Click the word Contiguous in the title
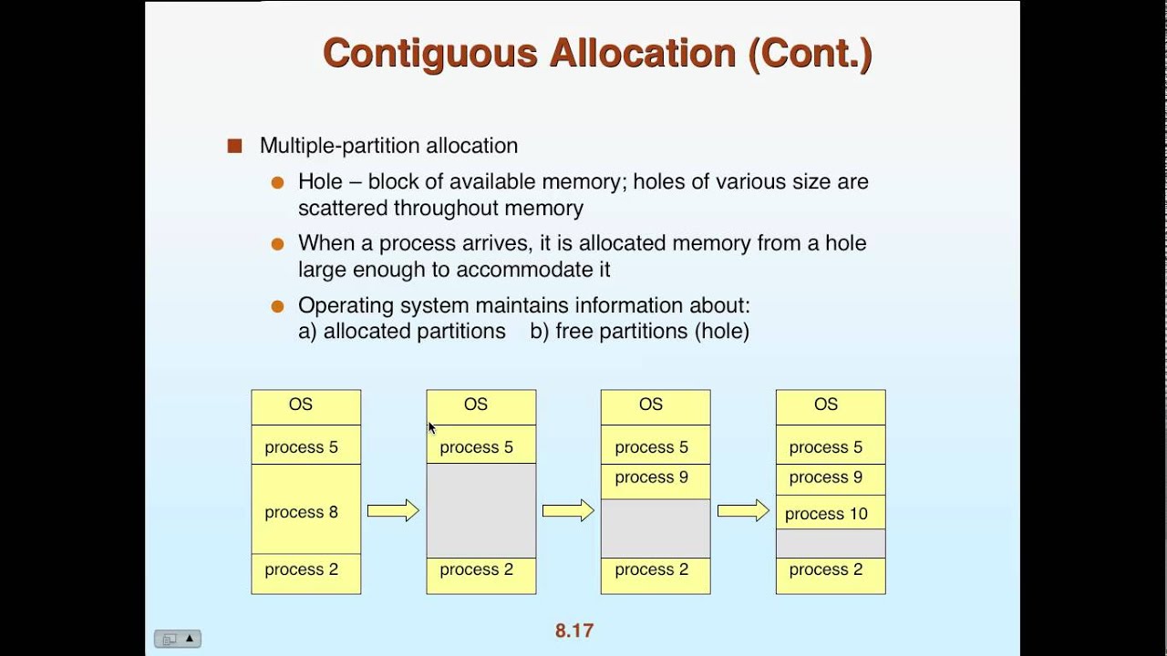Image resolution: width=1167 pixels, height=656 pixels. (430, 54)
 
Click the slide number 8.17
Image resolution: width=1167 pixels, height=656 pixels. (574, 630)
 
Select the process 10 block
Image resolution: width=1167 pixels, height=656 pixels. (831, 512)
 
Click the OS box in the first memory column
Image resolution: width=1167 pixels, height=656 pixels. (306, 407)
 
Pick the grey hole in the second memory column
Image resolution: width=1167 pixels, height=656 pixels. (481, 510)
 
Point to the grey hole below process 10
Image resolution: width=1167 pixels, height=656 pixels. (831, 544)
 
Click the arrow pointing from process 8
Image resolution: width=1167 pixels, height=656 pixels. (393, 511)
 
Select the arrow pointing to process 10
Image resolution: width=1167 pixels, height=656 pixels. (743, 511)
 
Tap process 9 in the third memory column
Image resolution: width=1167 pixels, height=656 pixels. (656, 482)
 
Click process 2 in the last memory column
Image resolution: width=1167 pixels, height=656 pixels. (831, 576)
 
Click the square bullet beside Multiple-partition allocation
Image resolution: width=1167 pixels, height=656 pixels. (235, 146)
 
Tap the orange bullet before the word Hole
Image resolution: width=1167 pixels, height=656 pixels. (278, 182)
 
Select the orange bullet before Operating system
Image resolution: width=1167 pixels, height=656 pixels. (278, 306)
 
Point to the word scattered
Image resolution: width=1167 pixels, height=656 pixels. (343, 209)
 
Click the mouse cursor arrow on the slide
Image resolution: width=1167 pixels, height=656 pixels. (432, 428)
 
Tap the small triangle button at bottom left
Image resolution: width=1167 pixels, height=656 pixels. (190, 639)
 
